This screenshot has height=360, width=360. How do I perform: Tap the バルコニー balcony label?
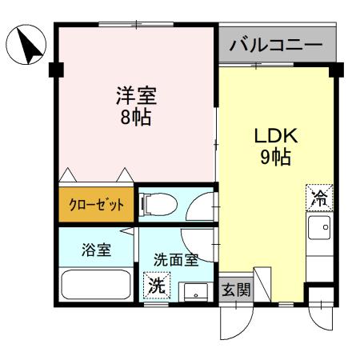[276, 46]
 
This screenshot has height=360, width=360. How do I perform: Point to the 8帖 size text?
[133, 118]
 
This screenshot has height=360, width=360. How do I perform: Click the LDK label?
[274, 134]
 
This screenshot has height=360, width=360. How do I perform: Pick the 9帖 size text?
[274, 156]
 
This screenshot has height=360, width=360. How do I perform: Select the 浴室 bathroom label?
[96, 250]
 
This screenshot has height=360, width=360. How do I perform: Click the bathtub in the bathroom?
[97, 286]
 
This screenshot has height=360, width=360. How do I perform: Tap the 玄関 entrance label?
[235, 289]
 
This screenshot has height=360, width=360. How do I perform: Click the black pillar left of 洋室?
[54, 70]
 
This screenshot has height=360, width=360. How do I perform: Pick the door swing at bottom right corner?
[323, 320]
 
